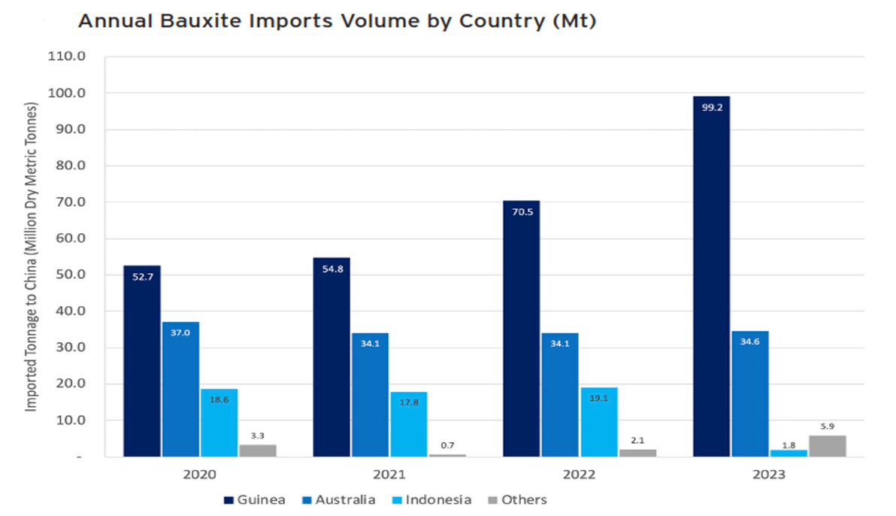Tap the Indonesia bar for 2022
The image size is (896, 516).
pyautogui.click(x=598, y=422)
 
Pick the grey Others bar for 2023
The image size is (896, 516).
pyautogui.click(x=827, y=445)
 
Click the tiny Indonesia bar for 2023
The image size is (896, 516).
pyautogui.click(x=789, y=453)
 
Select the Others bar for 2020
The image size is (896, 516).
pyautogui.click(x=258, y=450)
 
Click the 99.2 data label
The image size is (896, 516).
pyautogui.click(x=711, y=107)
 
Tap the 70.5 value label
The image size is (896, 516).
pyautogui.click(x=521, y=211)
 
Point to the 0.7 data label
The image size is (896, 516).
pyautogui.click(x=447, y=445)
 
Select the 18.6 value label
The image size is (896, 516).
pyautogui.click(x=219, y=400)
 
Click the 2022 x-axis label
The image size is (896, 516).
pyautogui.click(x=579, y=475)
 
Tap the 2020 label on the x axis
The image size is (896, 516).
pyautogui.click(x=199, y=475)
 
